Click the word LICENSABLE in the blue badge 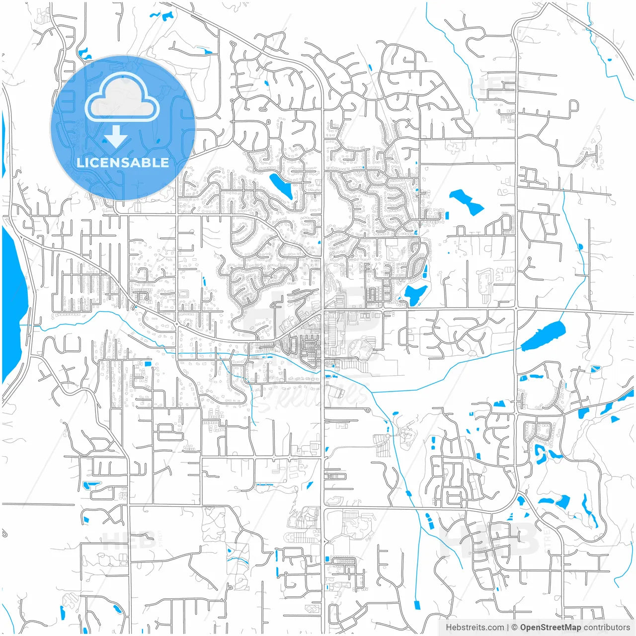[123, 162]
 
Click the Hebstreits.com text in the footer [475, 628]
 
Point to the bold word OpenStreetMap [550, 628]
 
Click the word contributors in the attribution [606, 628]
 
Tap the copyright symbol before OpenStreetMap [515, 628]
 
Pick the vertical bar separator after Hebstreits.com [507, 628]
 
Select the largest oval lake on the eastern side [543, 335]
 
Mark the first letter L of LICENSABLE [79, 162]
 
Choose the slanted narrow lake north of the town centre [281, 185]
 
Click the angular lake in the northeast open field [466, 202]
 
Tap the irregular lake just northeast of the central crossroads [415, 294]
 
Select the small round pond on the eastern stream [580, 246]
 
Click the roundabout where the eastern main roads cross [516, 309]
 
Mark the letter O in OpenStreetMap [524, 628]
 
